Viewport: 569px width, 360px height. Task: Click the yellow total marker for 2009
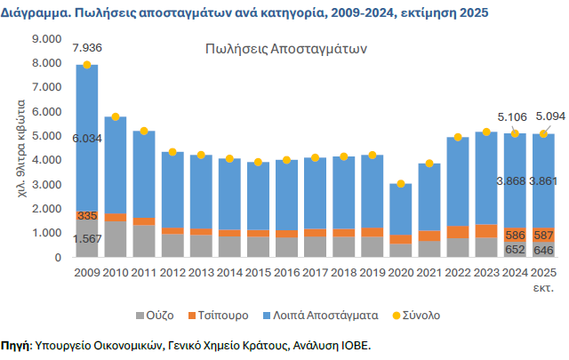[x=87, y=65]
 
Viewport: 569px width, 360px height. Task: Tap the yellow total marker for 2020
[x=401, y=184]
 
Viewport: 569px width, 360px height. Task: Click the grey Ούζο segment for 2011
[x=144, y=241]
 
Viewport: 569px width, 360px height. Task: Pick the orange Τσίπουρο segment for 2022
[x=458, y=232]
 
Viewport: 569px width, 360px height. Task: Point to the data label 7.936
[x=86, y=46]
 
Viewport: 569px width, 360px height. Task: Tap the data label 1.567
[x=87, y=239]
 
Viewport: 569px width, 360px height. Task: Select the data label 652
[x=515, y=250]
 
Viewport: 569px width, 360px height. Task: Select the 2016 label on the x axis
[x=286, y=272]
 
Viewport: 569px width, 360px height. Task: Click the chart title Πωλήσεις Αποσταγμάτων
[x=284, y=48]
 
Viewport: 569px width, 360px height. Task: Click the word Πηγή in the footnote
[x=15, y=344]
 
